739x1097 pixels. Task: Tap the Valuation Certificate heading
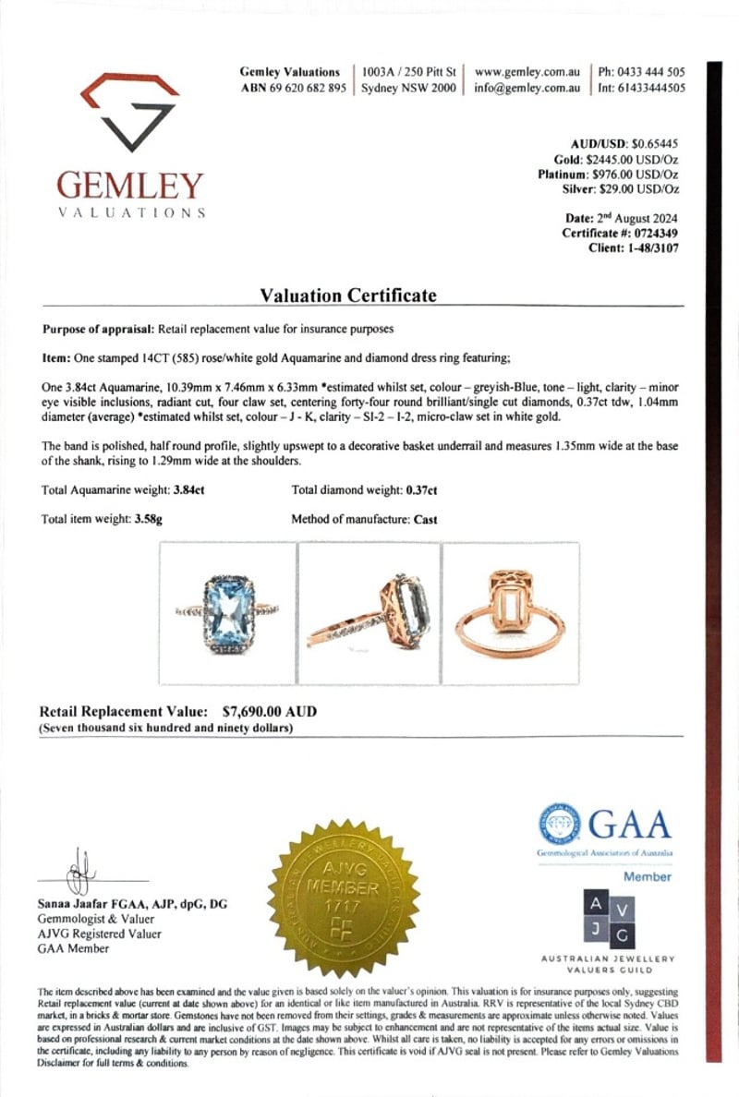[x=347, y=295]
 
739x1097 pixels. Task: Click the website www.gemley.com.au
[x=527, y=72]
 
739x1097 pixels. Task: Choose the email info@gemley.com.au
[x=527, y=89]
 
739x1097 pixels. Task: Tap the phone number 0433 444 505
[x=651, y=72]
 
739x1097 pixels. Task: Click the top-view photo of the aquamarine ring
[x=227, y=613]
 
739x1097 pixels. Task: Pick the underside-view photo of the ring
[x=511, y=613]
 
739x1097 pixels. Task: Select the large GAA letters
[x=631, y=823]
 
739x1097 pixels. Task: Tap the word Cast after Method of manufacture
[x=426, y=519]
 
